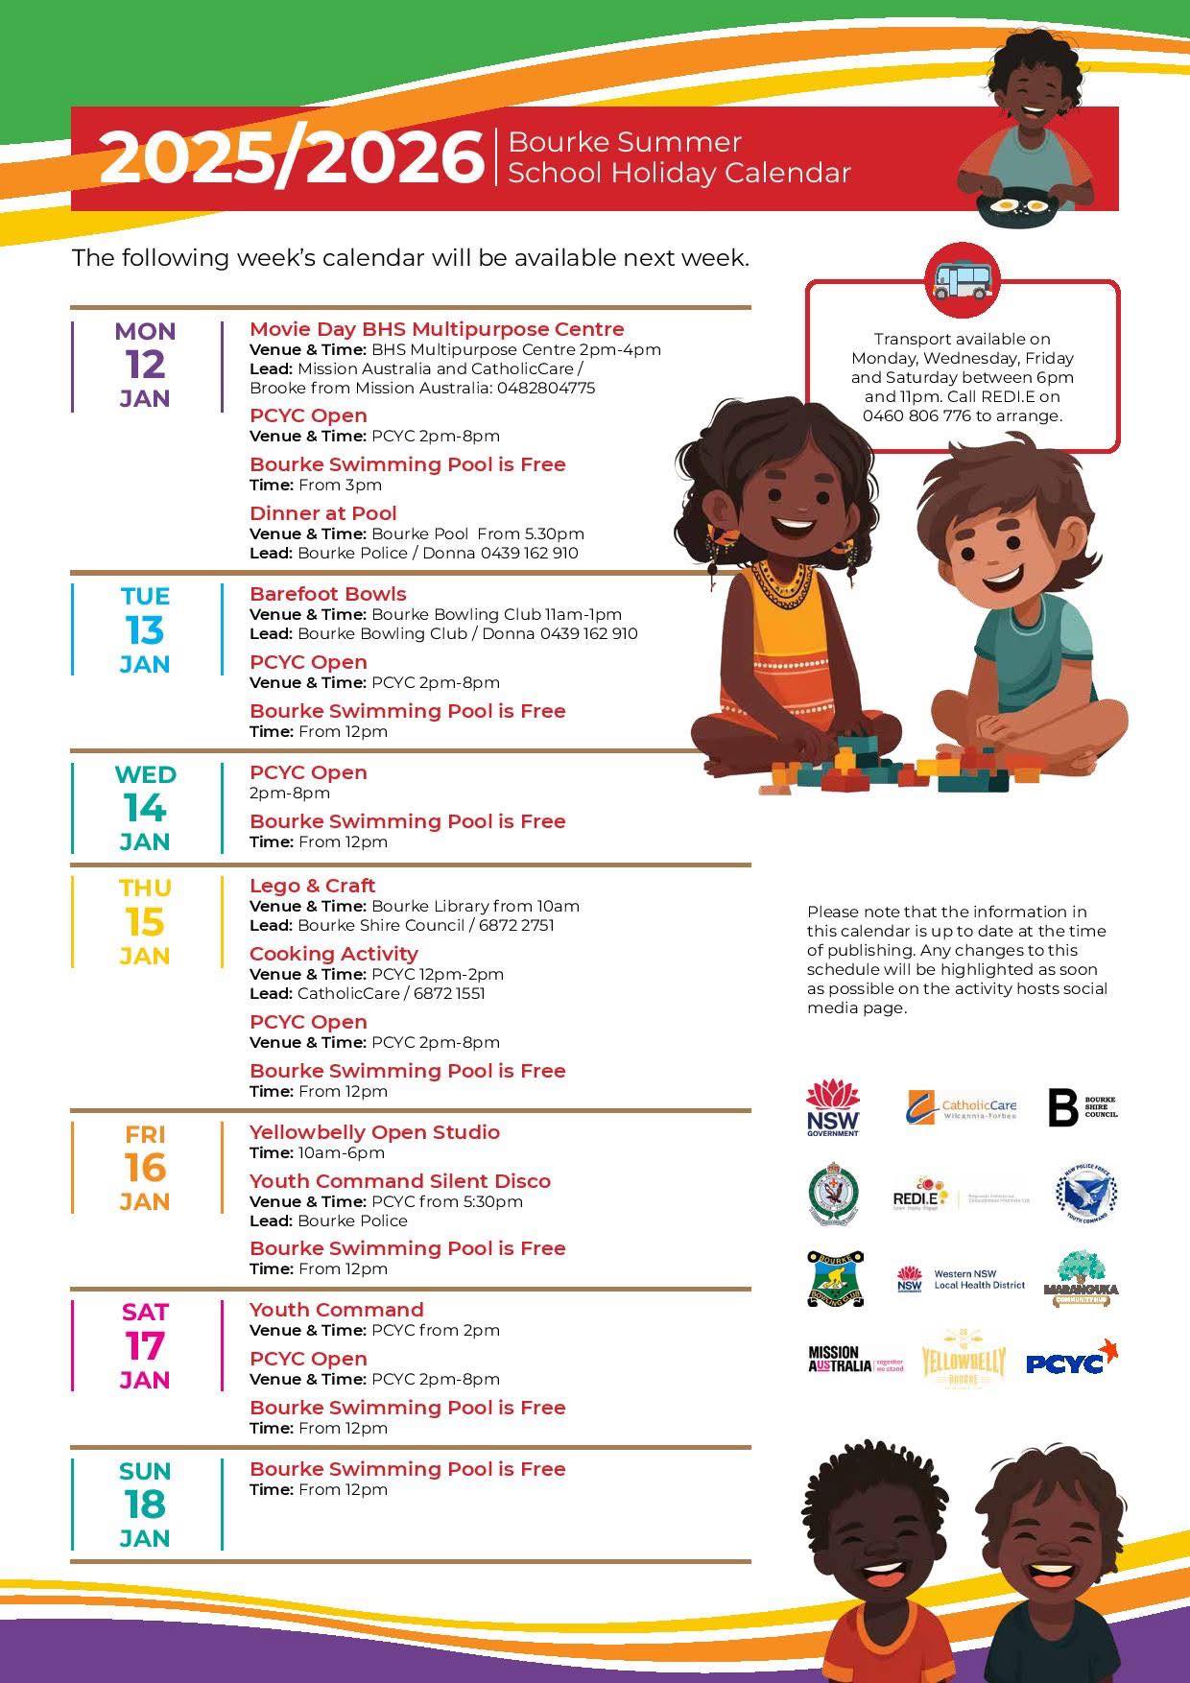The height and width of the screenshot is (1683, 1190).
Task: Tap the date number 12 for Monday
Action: (145, 365)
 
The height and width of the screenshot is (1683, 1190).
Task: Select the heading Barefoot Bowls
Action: (327, 594)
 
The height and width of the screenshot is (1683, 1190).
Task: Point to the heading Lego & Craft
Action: (312, 886)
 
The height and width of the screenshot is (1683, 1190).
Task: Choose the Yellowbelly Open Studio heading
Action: (374, 1132)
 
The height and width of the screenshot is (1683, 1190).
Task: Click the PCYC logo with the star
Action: (1072, 1360)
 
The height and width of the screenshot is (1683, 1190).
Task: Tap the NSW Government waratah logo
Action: (832, 1107)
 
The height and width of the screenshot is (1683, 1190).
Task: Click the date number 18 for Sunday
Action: (145, 1505)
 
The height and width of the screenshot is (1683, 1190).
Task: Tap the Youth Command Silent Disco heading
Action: (399, 1181)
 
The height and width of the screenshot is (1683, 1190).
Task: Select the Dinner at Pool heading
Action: (322, 513)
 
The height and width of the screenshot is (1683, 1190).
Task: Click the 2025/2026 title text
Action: (291, 158)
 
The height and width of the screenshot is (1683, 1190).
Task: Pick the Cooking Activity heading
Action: (333, 954)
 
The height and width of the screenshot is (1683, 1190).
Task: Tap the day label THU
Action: (145, 888)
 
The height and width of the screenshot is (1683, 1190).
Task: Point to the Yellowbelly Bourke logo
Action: (963, 1361)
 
